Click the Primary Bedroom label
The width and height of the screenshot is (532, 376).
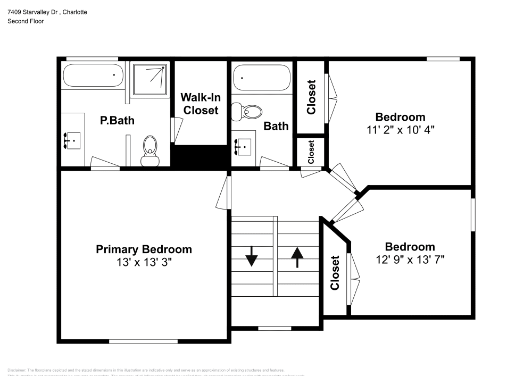(144, 249)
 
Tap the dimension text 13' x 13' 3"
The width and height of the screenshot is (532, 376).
(144, 262)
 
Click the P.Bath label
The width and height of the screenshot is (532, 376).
(117, 121)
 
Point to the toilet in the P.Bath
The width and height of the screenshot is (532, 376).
(150, 149)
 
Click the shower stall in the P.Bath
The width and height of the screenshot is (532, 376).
(150, 80)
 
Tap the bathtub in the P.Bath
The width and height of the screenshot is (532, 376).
(94, 76)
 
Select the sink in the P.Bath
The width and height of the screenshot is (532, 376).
(73, 140)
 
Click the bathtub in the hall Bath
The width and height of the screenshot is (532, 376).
(262, 78)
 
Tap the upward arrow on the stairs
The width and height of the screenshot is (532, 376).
(297, 257)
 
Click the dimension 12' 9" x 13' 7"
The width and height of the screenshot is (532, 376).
(410, 260)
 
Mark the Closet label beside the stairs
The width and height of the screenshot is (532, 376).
(335, 273)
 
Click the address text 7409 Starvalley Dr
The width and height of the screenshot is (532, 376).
(32, 12)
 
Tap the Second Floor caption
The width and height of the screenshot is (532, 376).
(26, 21)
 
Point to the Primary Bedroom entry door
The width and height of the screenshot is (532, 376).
(225, 193)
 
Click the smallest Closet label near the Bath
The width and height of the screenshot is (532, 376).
(311, 152)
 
